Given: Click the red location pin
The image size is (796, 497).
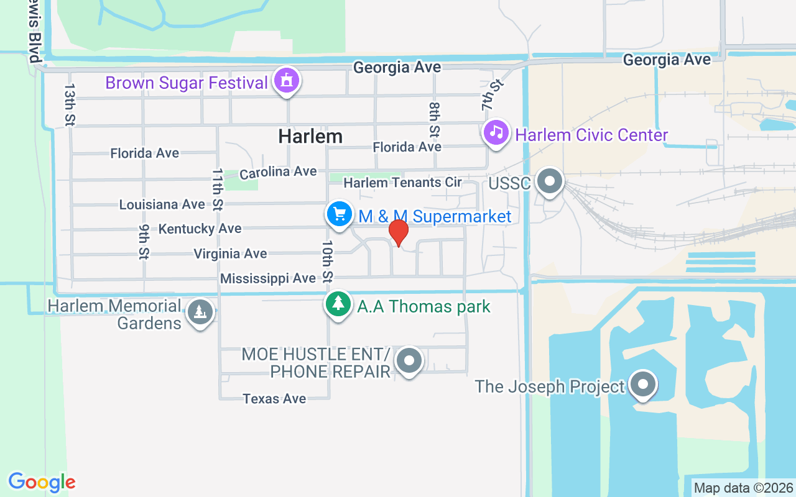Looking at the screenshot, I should pos(398,233).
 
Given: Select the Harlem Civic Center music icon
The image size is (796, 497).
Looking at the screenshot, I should pos(496,132).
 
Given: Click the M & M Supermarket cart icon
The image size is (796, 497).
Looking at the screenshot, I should pos(339,214).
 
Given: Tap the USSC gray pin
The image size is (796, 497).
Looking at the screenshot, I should pos(549,182).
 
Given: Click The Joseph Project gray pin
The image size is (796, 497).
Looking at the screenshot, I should pos(642,385).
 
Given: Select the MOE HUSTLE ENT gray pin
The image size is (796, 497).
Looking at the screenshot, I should pos(409,360).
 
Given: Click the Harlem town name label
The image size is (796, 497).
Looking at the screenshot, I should pos(310,136).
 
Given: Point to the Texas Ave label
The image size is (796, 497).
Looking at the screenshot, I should pos(274,398).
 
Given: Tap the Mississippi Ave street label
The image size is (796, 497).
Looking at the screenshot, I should pos(268,278).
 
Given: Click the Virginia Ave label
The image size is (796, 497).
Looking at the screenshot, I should pos(230,253).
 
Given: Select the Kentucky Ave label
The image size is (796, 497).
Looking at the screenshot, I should pos(200,229).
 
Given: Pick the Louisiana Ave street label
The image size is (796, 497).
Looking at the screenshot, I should pos(162,204).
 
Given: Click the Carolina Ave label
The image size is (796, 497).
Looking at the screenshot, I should pos(278,172).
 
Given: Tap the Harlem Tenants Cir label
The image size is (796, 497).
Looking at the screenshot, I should pos(402,183).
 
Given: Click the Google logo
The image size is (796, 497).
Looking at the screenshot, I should pos(42,482).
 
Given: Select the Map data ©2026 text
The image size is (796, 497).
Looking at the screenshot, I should pos(743,488).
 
